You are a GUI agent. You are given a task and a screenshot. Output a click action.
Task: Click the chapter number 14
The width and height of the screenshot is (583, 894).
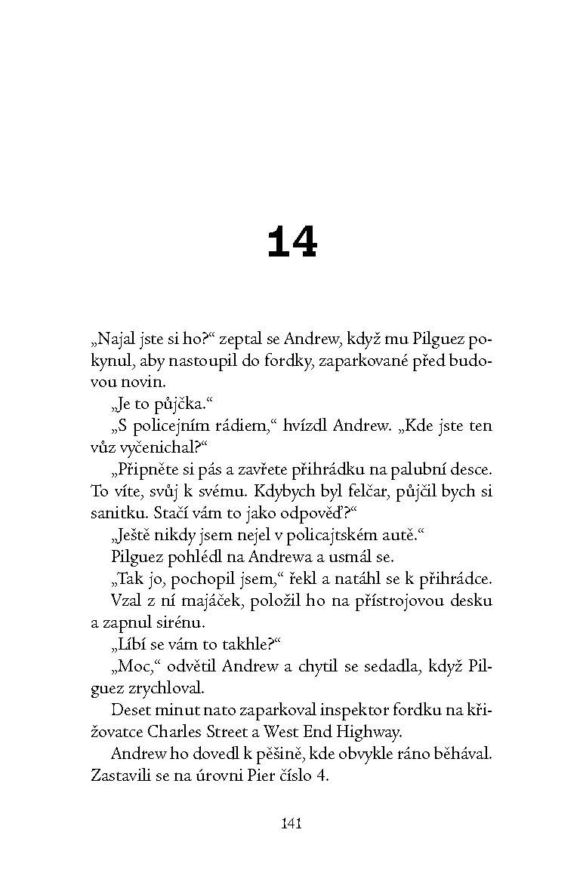[x=292, y=243]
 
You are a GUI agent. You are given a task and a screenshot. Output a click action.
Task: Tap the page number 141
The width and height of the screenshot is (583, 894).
[x=291, y=823]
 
